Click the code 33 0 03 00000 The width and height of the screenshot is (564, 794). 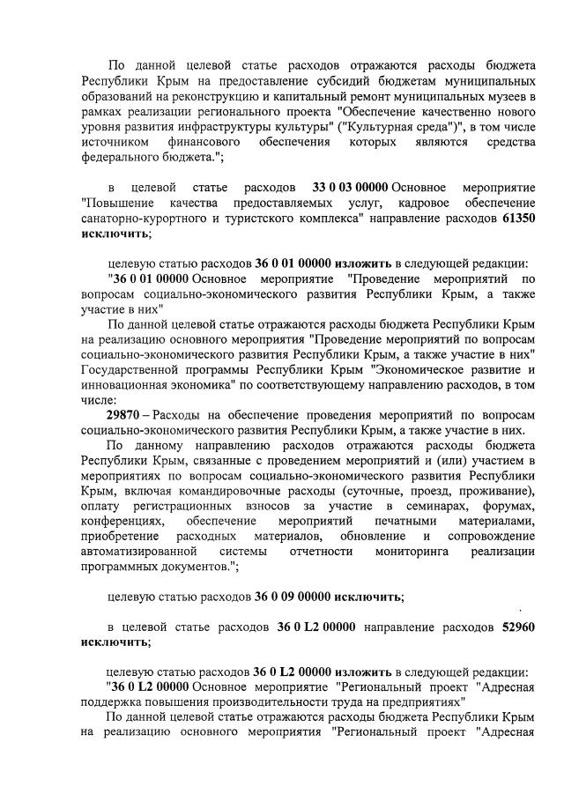click(351, 188)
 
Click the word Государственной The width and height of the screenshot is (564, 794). click(130, 368)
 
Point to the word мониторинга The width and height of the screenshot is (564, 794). click(411, 551)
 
